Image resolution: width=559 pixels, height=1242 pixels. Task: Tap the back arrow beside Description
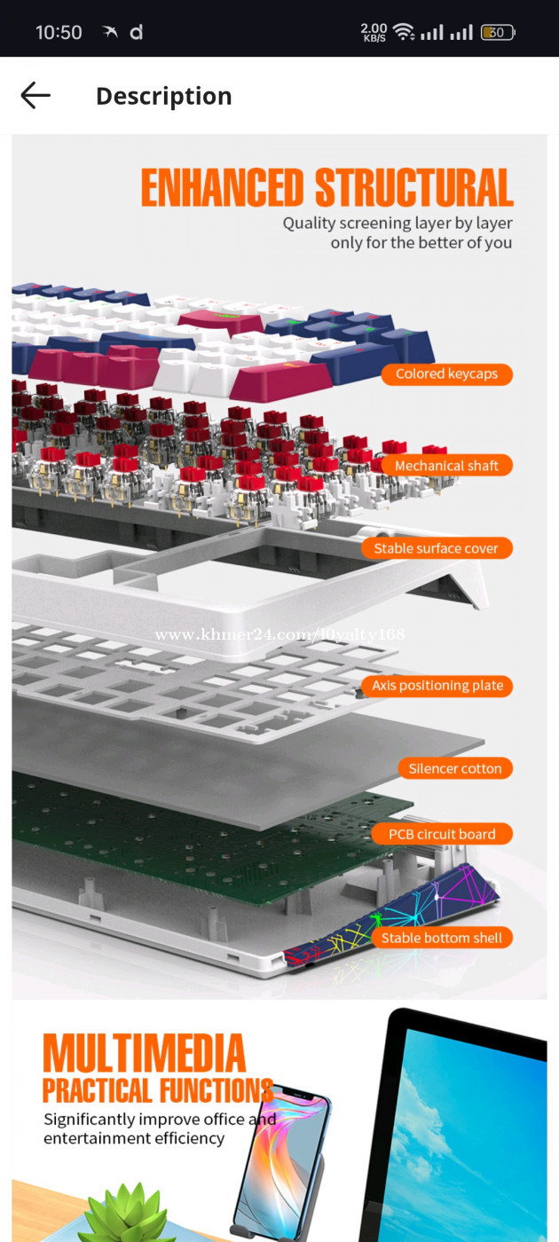[x=35, y=96]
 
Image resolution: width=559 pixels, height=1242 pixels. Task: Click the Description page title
[x=164, y=97]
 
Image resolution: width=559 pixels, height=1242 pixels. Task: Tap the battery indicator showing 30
[x=498, y=32]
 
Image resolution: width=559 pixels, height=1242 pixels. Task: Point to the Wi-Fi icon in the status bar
[x=404, y=32]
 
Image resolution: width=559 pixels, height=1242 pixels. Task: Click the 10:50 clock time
[x=59, y=33]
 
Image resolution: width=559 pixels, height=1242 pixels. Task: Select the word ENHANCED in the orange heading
[x=222, y=187]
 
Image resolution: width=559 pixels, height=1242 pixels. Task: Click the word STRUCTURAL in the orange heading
[x=414, y=187]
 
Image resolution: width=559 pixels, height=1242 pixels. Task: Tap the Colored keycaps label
[x=446, y=373]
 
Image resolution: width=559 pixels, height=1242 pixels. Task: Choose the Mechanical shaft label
[x=446, y=465]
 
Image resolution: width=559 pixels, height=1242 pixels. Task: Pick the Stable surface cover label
[x=437, y=548]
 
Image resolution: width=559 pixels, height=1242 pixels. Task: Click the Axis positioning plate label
[x=437, y=685]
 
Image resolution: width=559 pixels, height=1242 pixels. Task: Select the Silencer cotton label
[x=455, y=768]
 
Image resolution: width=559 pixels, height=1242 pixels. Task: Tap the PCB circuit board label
[x=442, y=834]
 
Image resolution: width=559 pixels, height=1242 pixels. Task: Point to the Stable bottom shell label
[x=442, y=938]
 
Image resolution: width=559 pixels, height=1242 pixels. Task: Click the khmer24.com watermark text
[x=280, y=635]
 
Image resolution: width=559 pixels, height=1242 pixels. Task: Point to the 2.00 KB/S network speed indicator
[x=374, y=32]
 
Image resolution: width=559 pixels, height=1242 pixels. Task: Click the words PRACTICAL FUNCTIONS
[x=158, y=1090]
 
